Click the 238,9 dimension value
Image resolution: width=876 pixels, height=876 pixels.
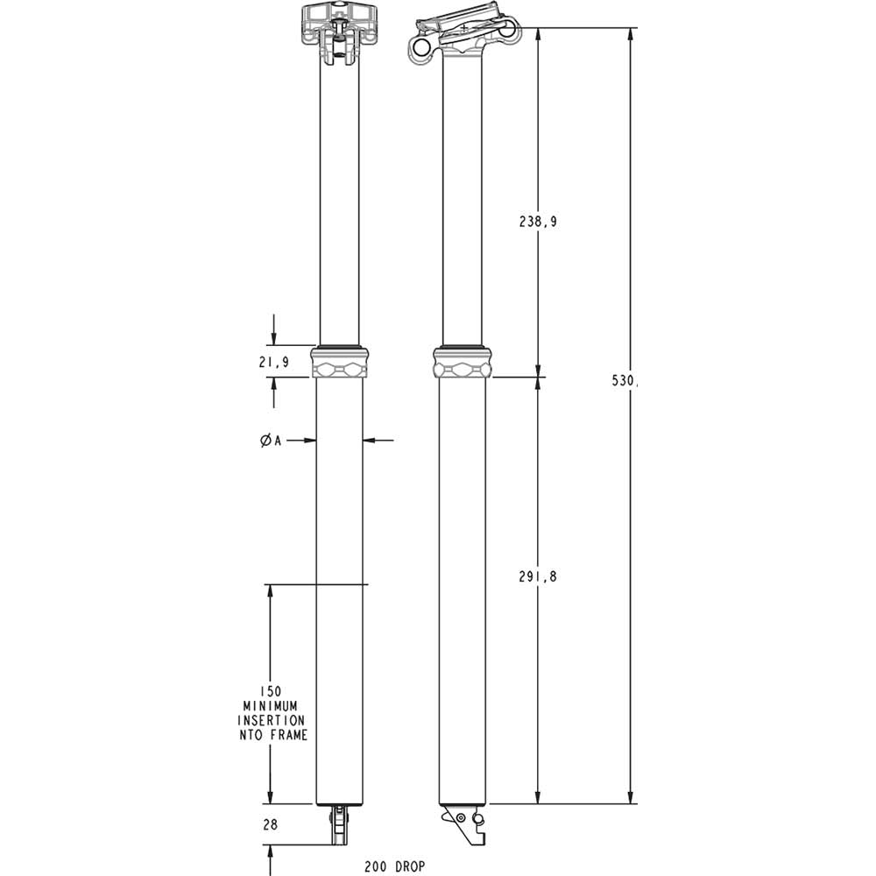coord(538,222)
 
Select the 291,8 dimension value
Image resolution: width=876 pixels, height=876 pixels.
coord(538,576)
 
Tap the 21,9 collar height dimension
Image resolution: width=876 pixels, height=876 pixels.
coord(274,362)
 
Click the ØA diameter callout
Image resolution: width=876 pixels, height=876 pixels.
coord(270,441)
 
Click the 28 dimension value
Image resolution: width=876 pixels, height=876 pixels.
coord(270,825)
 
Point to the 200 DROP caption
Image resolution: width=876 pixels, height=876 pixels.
coord(395,865)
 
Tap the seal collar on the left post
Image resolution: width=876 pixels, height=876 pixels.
coord(340,362)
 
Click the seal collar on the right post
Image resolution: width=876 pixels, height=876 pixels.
coord(463,362)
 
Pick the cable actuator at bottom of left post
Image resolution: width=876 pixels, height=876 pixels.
coord(339,825)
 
